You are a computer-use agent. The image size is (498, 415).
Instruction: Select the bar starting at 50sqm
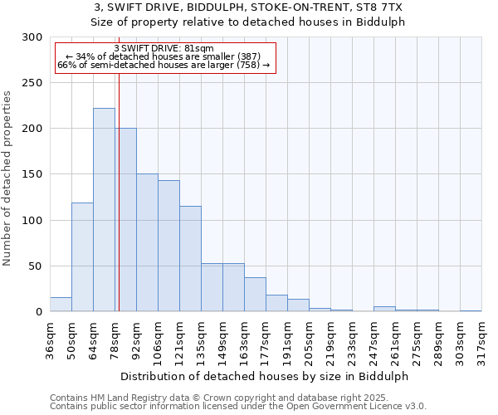coord(82,257)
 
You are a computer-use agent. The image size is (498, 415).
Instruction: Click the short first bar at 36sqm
coord(61,305)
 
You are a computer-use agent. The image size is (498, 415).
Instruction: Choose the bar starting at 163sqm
coord(255,295)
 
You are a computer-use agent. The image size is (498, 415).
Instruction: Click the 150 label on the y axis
coord(32,175)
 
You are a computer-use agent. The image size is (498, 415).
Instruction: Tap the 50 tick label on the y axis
coord(36,266)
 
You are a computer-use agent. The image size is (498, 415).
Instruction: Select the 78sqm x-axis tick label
coord(115,339)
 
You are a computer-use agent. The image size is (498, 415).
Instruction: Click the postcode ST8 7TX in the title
coord(378,7)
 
